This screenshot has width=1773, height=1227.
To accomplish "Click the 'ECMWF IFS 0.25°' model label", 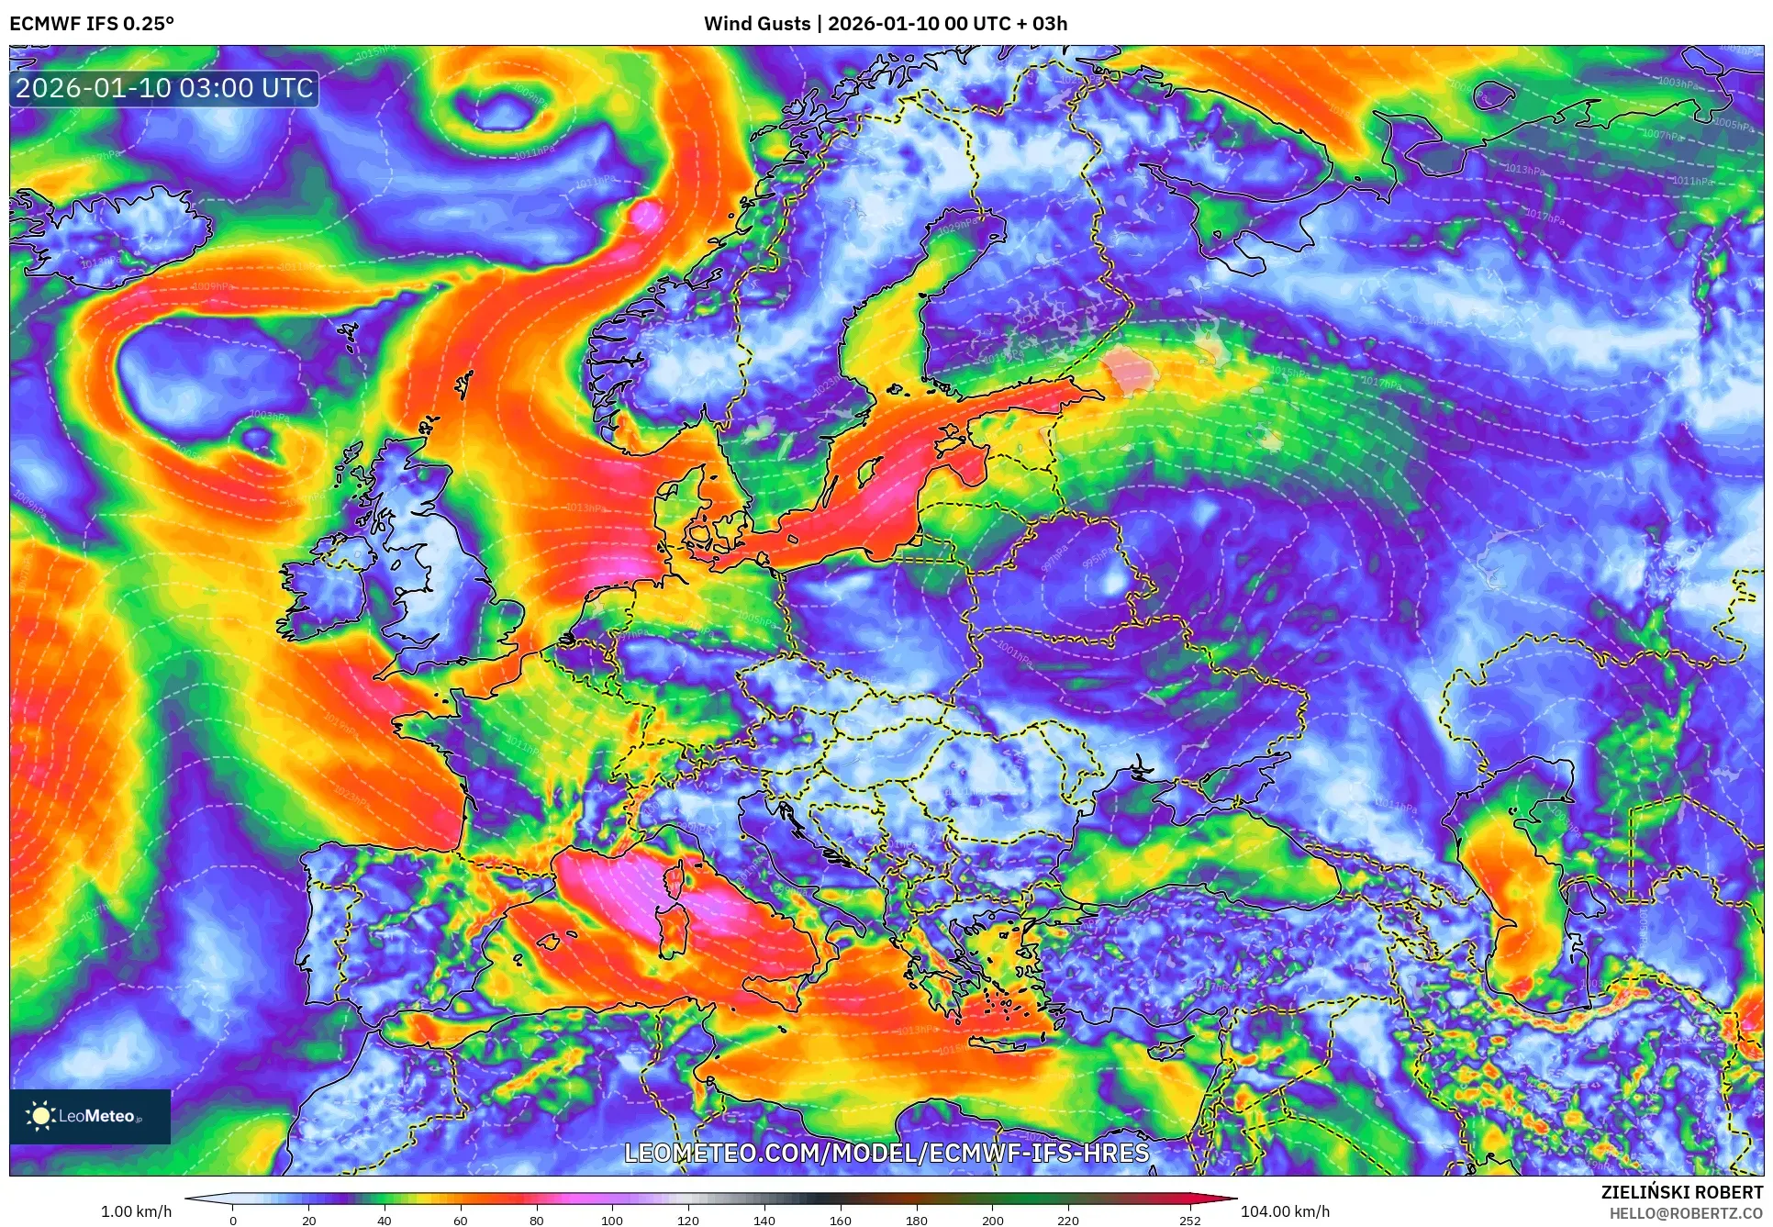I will tap(92, 24).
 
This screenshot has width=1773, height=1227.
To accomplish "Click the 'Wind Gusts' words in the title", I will tap(757, 24).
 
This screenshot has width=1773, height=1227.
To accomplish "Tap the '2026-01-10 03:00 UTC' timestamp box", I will tap(164, 88).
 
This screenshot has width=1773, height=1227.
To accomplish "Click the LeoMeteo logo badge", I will tap(90, 1116).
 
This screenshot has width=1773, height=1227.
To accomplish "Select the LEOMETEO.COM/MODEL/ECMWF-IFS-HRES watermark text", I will tap(886, 1153).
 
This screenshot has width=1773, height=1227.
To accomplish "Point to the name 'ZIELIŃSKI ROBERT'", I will tap(1682, 1192).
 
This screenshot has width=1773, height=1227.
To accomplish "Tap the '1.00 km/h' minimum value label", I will tap(136, 1211).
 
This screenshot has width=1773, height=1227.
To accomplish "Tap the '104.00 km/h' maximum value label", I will tap(1285, 1211).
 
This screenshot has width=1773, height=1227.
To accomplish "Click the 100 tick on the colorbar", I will tap(612, 1221).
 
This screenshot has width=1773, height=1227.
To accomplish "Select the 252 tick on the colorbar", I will tap(1190, 1221).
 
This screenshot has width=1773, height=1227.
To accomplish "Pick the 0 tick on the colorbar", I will tap(233, 1221).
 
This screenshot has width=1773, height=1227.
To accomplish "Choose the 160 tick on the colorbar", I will tap(841, 1221).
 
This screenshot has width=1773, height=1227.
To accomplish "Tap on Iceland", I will tap(110, 234).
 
